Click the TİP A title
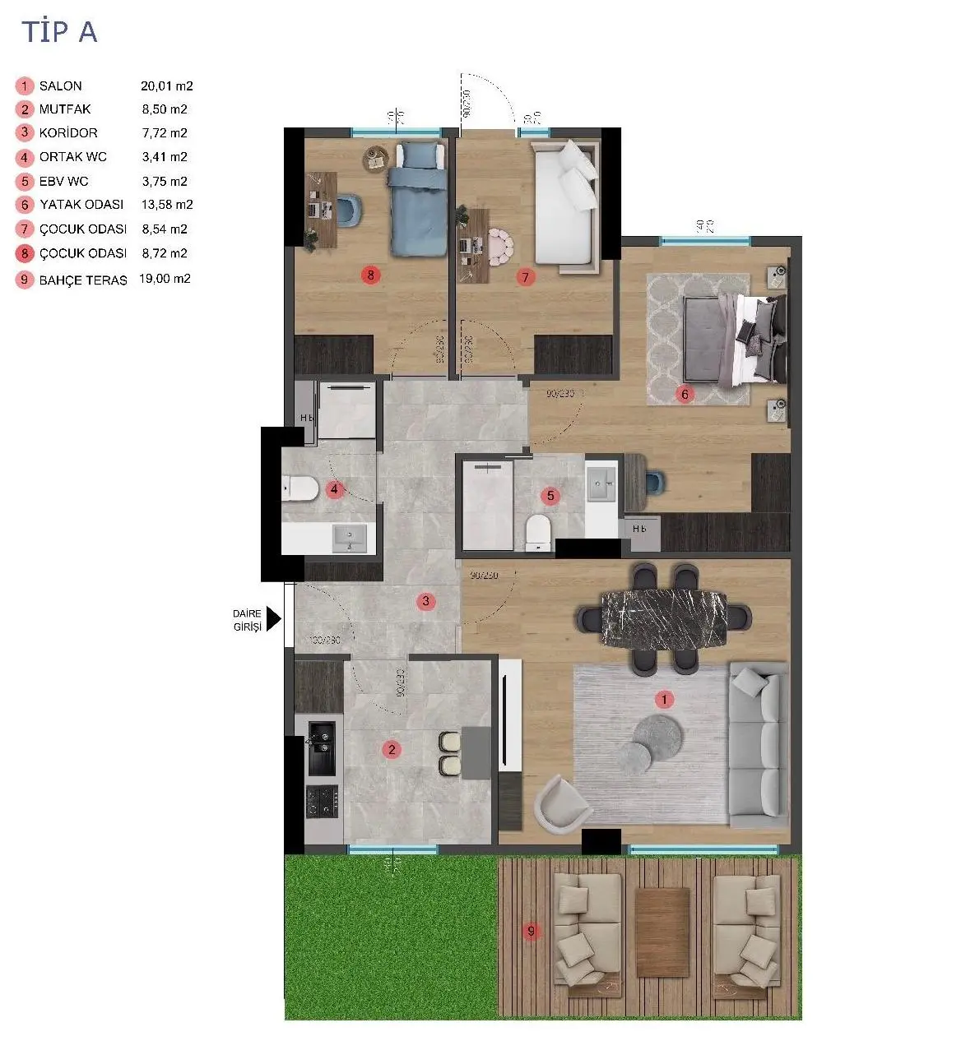[59, 32]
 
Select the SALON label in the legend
[60, 86]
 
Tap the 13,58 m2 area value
[167, 204]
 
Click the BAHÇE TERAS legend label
[83, 280]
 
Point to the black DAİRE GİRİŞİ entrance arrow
[273, 618]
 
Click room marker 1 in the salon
[664, 700]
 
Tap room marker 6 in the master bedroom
[685, 394]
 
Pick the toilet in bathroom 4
[300, 489]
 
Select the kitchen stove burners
[322, 801]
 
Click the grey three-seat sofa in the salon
[758, 744]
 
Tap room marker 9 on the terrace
[532, 931]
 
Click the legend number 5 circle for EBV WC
[25, 182]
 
